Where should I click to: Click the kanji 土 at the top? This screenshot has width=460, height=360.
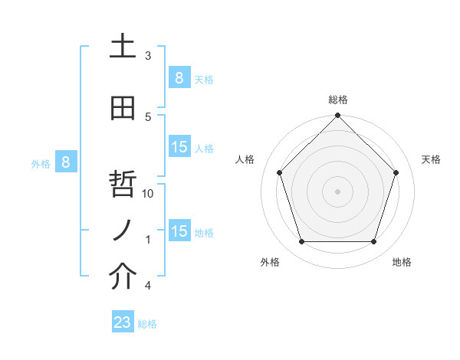[123, 47]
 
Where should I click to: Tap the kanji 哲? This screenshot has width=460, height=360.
[123, 184]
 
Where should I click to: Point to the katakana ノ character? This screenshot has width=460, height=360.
[123, 230]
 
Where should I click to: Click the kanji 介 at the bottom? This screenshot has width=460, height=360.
[123, 277]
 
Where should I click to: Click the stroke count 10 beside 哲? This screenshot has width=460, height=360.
[149, 194]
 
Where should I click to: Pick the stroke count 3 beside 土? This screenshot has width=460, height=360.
[148, 56]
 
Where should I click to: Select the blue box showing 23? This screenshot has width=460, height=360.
[123, 322]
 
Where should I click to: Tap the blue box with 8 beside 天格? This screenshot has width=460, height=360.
[179, 77]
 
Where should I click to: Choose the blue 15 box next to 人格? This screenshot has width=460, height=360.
[179, 147]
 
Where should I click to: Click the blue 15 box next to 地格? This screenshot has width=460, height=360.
[179, 231]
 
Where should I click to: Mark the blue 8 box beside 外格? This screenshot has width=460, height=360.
[66, 162]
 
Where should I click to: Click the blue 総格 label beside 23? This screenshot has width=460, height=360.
[147, 324]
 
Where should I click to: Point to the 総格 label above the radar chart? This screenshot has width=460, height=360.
[338, 100]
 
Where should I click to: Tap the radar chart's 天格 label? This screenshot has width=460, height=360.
[431, 159]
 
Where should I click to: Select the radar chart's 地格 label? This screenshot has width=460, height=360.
[402, 262]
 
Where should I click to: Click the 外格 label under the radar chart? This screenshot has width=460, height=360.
[270, 262]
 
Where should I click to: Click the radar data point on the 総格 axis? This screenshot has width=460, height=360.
[337, 116]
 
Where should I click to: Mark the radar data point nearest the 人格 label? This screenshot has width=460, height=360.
[279, 172]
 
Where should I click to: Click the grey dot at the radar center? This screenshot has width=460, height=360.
[337, 191]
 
